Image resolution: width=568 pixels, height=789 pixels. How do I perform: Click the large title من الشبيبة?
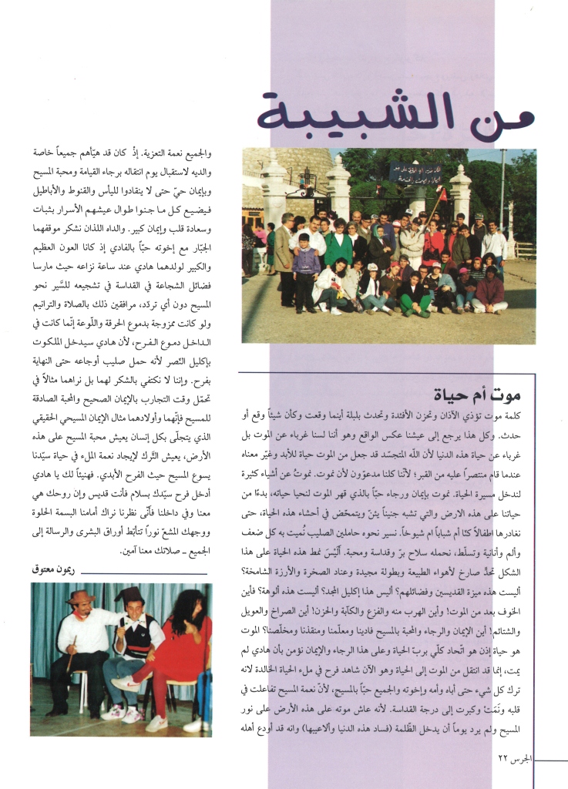point(395,113)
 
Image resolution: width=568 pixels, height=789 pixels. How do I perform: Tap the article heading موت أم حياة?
point(478,396)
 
